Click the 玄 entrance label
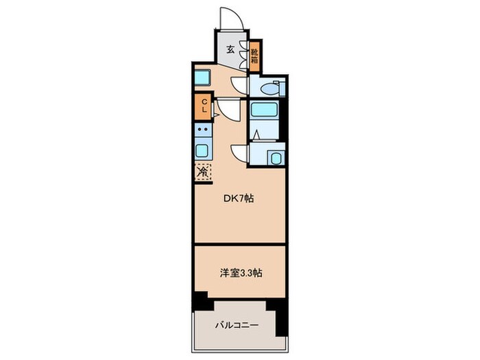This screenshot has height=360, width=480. coord(232,49)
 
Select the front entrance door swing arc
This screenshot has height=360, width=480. coord(231,19)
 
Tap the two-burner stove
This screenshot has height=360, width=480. coord(203,130)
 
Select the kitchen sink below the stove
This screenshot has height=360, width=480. coord(203,150)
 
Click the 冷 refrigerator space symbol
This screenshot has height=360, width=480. coord(204,172)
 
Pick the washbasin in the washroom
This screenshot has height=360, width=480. coord(276,158)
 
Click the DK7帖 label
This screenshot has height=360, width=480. coord(239,199)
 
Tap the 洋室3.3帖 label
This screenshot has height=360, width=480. coord(239,272)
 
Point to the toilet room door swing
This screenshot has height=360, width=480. coord(239,84)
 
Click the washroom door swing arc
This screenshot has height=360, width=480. coord(239,152)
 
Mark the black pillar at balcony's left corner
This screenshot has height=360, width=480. coord(200,300)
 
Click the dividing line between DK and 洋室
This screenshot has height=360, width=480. coord(239,243)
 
